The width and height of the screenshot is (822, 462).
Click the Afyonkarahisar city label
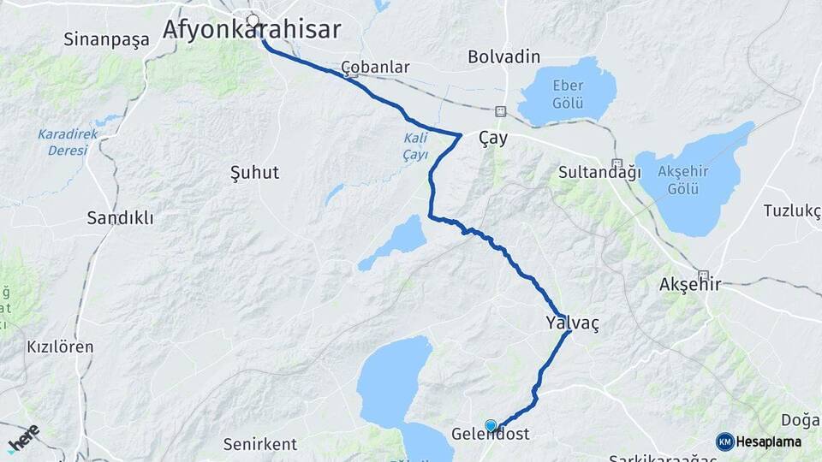coord(251,30)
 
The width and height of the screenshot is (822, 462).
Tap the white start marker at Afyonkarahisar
coord(253,20)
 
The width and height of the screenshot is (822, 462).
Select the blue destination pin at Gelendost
coord(491,425)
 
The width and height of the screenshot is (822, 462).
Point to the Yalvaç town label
coord(572,323)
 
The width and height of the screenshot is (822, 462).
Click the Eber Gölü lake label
coord(568,95)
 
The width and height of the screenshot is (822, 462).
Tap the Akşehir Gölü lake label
coord(683,179)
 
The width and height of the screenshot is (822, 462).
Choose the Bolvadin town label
coord(504,56)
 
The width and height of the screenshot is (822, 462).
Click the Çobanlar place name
coord(375,67)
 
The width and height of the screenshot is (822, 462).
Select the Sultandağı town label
coord(599,172)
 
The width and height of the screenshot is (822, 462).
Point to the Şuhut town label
coord(255,173)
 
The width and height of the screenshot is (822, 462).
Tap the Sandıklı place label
coord(120,218)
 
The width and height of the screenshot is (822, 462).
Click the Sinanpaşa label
coord(107,38)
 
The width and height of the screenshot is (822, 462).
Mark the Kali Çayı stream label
coord(415,146)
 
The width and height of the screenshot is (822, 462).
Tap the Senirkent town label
coord(259,444)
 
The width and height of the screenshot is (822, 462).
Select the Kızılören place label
coord(60,347)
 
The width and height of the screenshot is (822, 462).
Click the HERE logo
coord(23,437)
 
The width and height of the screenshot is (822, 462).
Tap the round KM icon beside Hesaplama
coord(725,441)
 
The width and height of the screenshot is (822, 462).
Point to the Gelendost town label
coord(491,435)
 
